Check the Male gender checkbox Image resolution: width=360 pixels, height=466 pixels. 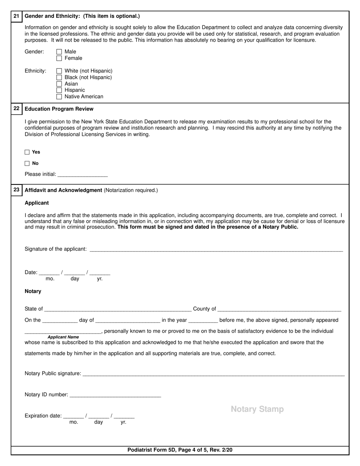pos(59,52)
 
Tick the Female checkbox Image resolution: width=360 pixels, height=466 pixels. pos(59,58)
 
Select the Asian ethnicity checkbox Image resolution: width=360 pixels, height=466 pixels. pos(59,84)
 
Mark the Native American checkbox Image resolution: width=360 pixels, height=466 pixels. pos(59,97)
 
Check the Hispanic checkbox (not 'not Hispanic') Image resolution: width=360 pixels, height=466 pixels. pos(59,90)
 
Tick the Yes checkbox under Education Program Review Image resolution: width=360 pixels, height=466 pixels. pos(27,152)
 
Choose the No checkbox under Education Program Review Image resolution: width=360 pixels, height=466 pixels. pos(27,164)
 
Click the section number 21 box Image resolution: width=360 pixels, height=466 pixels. pos(16,16)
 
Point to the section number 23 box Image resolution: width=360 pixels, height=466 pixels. pos(16,189)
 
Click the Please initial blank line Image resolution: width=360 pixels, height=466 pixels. pos(83,175)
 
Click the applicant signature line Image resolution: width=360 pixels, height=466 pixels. pos(216,249)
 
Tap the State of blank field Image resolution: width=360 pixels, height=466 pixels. pos(117,309)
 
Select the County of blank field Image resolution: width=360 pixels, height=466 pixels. pos(279,309)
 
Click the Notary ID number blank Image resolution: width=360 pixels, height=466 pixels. pos(116,395)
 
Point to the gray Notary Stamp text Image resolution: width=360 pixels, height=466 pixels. pos(257,409)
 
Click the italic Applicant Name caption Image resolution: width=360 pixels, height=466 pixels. pos(63,337)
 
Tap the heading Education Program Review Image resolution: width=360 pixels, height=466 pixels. pos(59,109)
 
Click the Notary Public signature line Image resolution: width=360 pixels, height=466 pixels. pos(213,374)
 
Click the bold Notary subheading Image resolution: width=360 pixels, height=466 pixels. pos(33,291)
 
